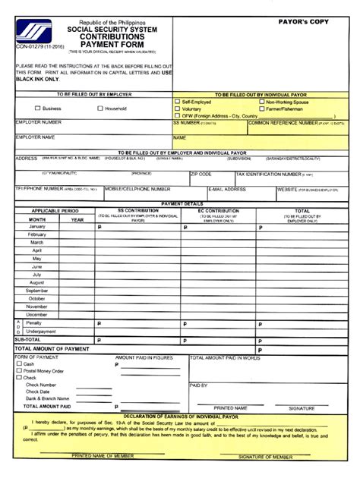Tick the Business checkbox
coord(36,108)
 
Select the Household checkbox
coord(99,108)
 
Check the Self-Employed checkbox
coord(177,101)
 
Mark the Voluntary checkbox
coord(177,108)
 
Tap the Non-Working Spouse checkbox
coord(261,101)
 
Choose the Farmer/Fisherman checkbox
coord(261,108)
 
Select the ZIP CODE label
coord(201,174)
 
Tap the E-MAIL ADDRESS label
coord(226,189)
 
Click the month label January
coord(37,227)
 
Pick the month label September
coord(37,291)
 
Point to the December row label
coord(37,314)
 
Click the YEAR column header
coord(77,219)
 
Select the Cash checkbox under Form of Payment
coord(19,363)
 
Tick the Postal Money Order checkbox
coord(19,370)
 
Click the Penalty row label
coord(34,323)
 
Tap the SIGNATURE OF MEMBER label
coord(266,456)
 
